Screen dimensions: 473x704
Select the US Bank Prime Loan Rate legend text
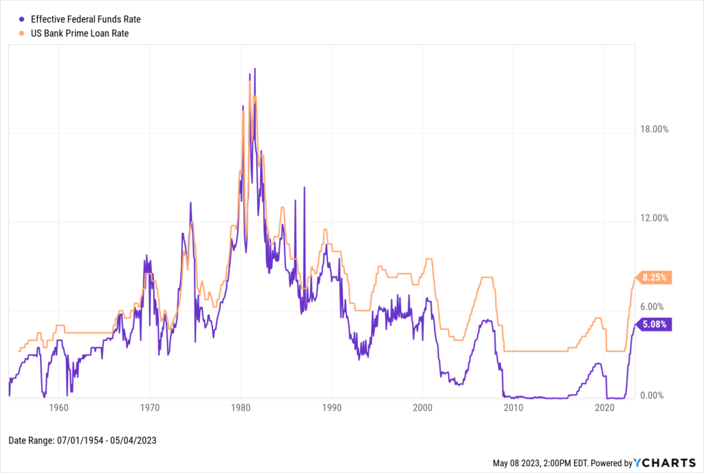[74, 32]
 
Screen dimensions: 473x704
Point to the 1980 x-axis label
[241, 408]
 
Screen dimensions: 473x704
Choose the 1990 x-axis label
[331, 408]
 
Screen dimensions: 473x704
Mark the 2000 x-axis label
[422, 408]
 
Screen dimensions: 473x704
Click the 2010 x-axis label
[514, 408]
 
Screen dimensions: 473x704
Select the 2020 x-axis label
[604, 408]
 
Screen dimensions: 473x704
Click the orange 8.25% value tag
[655, 278]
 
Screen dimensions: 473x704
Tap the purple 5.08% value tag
[655, 324]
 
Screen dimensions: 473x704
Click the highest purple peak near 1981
[255, 69]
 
